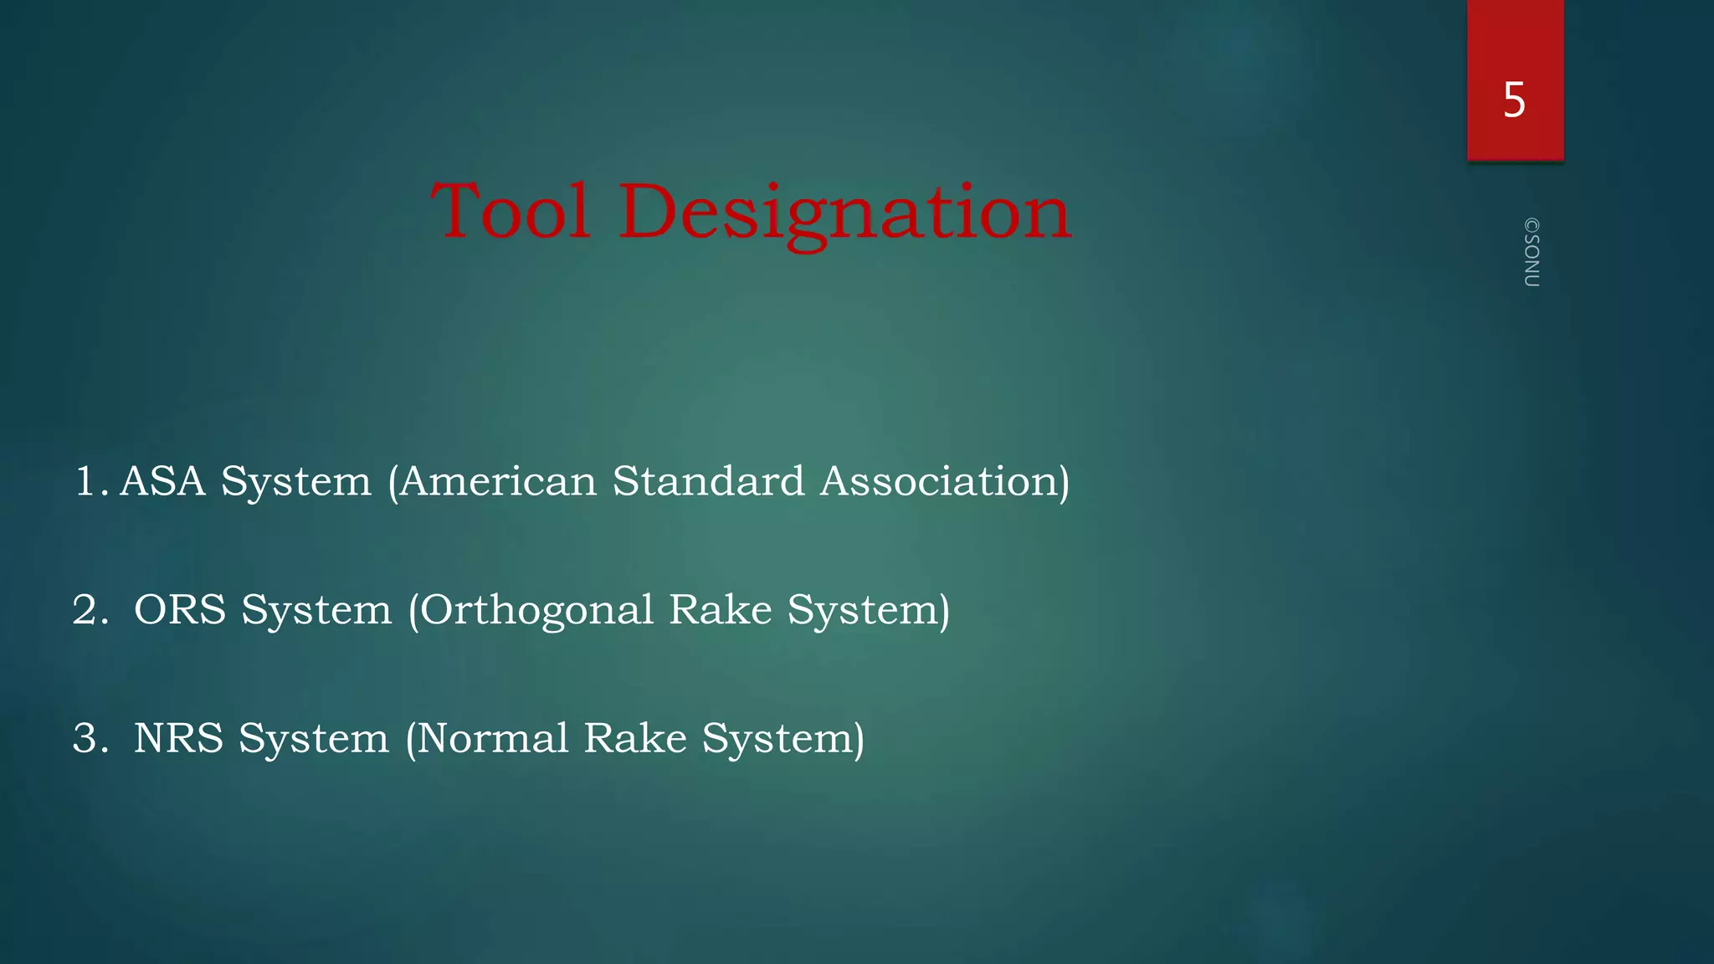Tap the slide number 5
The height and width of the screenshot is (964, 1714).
coord(1514,100)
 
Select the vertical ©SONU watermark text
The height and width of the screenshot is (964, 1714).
coord(1532,253)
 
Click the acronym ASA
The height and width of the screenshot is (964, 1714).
coord(162,481)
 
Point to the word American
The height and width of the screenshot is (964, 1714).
coord(497,481)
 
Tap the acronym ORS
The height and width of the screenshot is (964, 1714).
coord(180,609)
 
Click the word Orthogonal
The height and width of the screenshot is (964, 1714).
coord(536,610)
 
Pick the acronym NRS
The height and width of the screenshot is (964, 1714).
coord(178,738)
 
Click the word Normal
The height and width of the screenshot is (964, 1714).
coord(493,738)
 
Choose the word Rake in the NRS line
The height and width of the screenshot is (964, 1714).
coord(635,738)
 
